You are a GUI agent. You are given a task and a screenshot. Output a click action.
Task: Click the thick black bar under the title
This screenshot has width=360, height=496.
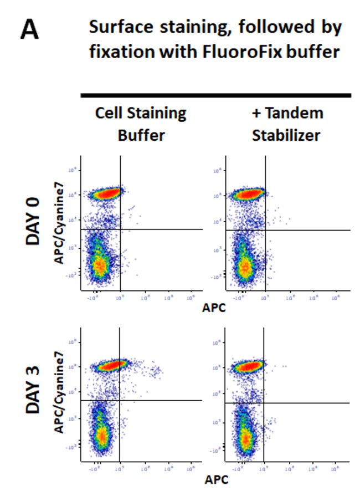coord(215,95)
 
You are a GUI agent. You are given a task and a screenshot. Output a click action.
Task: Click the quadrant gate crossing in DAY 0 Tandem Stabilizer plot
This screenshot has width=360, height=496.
coord(265,230)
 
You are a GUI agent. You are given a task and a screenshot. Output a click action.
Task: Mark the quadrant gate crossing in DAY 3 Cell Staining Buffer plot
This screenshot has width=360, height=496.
coord(120,400)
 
